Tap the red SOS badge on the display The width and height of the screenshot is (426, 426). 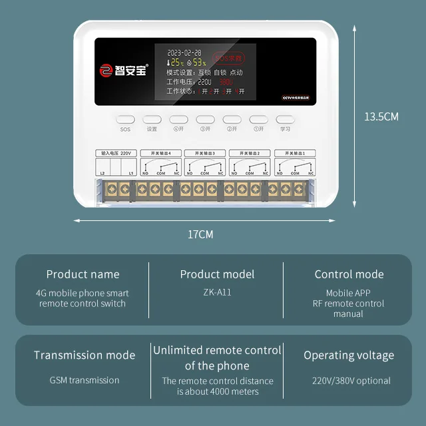[x=227, y=58]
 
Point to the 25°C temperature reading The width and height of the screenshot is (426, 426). [x=177, y=63]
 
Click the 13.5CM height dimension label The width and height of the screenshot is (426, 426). [x=381, y=116]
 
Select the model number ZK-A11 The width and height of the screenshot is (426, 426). [x=217, y=292]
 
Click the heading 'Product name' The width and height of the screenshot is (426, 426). [x=83, y=274]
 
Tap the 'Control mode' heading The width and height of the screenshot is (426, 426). [x=349, y=274]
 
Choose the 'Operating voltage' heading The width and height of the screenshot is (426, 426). [x=349, y=355]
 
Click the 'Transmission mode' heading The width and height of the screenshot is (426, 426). [x=85, y=355]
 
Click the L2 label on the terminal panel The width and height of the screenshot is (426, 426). [x=103, y=173]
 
